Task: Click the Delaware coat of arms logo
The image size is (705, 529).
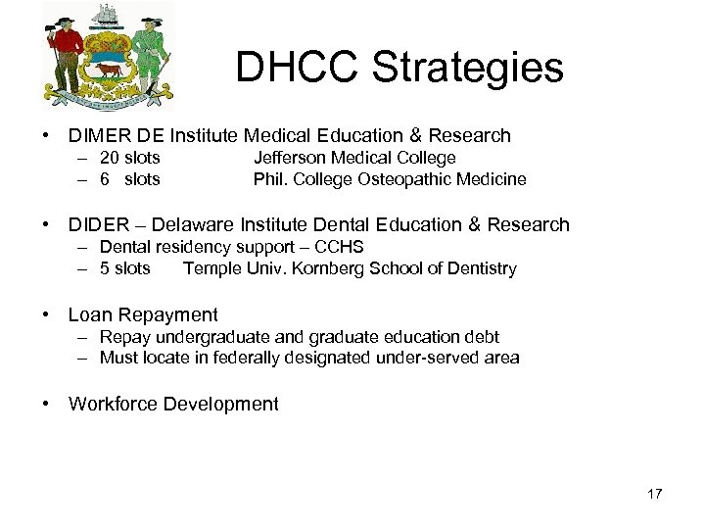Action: pos(109,57)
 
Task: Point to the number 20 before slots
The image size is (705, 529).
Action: pos(111,158)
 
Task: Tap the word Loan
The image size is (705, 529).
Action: pos(89,314)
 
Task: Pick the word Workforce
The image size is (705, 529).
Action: pos(111,404)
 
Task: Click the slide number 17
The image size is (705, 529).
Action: pos(654,494)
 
